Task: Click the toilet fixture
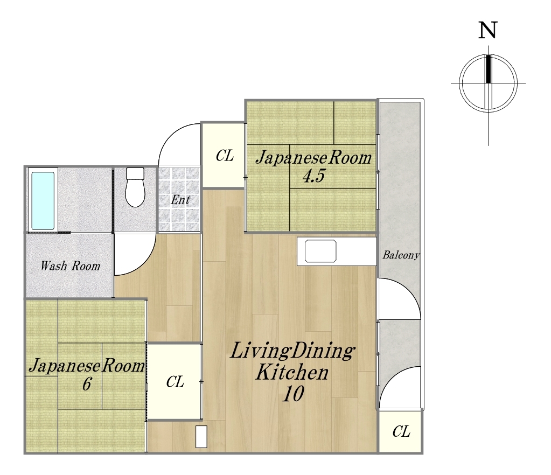pos(135,187)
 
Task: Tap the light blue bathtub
pos(43,201)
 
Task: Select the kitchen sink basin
pos(320,251)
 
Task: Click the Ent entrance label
pos(180,200)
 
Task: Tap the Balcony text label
pos(401,255)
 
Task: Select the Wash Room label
pos(70,266)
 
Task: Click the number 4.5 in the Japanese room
pos(314,176)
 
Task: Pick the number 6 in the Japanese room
pos(87,383)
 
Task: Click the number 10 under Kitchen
pos(293,394)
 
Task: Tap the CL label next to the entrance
pos(225,155)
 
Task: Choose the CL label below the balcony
pos(401,431)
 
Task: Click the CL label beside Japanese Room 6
pos(175,381)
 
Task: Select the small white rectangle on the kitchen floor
pos(201,437)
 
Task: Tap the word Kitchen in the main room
pos(292,373)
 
